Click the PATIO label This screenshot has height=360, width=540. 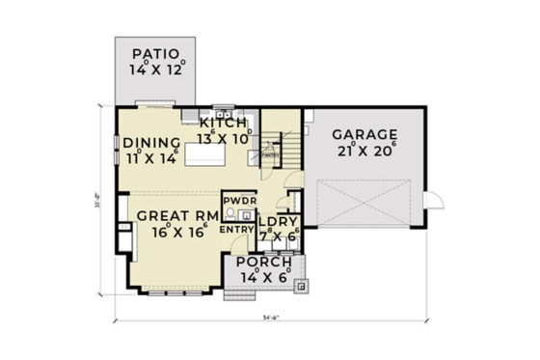click(155, 53)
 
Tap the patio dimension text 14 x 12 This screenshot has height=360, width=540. click(155, 69)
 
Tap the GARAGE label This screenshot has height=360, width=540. click(364, 134)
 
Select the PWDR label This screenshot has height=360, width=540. click(237, 201)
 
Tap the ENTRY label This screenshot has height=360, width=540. click(236, 230)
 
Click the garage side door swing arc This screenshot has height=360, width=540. click(436, 201)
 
